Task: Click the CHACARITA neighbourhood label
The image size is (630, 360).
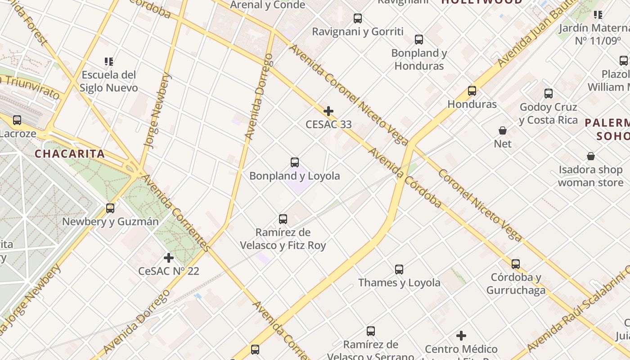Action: [70, 154]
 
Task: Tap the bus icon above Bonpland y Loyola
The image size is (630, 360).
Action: [295, 162]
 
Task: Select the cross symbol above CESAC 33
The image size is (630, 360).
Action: [328, 111]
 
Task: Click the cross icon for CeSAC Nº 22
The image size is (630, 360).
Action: [169, 258]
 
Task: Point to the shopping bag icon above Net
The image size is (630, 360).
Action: [503, 130]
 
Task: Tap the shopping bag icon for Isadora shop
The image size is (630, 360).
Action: [591, 156]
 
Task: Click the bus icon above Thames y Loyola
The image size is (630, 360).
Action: [399, 270]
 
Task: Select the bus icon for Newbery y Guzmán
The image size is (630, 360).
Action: [110, 208]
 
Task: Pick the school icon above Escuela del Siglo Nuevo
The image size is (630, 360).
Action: [108, 61]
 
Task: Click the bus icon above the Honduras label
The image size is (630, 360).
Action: [472, 91]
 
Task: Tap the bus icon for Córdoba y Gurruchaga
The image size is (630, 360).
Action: [516, 264]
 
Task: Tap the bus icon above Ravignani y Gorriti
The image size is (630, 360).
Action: [358, 18]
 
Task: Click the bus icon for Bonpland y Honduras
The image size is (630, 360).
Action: [419, 40]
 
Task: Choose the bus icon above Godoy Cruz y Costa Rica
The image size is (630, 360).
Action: [549, 94]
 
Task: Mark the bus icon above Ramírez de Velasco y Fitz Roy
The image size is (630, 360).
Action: [283, 219]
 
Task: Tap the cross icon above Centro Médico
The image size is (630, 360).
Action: [461, 336]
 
